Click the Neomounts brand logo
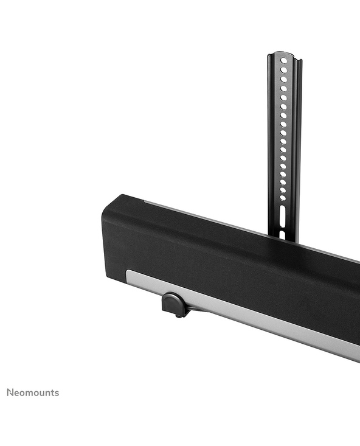click(33, 393)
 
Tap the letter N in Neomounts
click(10, 392)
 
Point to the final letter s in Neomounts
click(57, 394)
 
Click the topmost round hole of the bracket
click(284, 61)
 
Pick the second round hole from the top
click(284, 70)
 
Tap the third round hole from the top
click(284, 79)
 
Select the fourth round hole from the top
click(284, 89)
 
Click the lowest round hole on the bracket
click(283, 198)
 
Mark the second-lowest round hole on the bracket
click(283, 190)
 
